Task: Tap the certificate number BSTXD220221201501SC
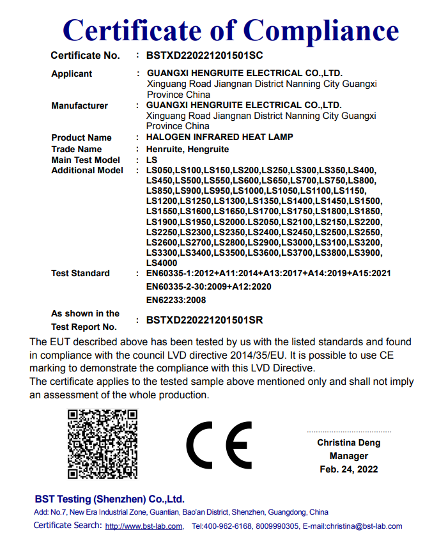pos(204,56)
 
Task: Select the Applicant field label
pos(72,74)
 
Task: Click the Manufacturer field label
pos(79,105)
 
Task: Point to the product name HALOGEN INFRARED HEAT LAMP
pos(220,137)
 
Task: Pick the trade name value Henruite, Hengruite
pos(187,149)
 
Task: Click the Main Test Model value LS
pos(151,160)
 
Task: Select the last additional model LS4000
pos(162,263)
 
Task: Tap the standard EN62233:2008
pos(176,300)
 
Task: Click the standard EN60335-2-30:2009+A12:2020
pos(208,286)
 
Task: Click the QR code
pos(102,444)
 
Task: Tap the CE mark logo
pos(219,445)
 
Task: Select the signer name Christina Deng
pos(348,442)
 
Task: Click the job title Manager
pos(348,456)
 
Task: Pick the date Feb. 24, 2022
pos(348,469)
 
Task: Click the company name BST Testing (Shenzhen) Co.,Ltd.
pos(109,499)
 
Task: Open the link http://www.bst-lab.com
pos(144,526)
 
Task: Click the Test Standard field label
pos(81,273)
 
